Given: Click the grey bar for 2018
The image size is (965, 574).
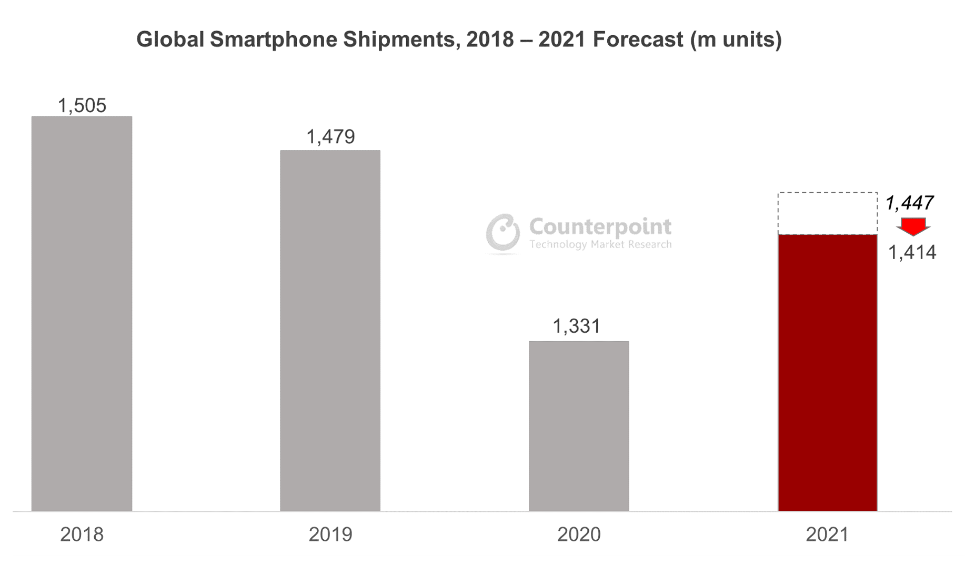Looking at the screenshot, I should tap(82, 313).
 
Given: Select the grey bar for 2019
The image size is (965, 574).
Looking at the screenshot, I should tap(330, 331).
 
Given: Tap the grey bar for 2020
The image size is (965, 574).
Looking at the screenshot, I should tap(579, 426).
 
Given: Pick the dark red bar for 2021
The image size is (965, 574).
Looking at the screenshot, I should tap(827, 372).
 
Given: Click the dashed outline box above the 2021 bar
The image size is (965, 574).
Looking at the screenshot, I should tap(827, 213).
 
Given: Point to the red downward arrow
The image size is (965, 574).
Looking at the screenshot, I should tap(913, 227).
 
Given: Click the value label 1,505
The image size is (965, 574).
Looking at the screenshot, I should tap(82, 105).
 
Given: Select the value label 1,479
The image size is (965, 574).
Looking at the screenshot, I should tap(330, 137).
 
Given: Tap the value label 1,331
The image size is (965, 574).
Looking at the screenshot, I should tap(576, 326).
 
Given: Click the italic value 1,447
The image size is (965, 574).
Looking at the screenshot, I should tap(910, 203).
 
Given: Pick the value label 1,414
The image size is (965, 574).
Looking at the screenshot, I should tap(912, 253).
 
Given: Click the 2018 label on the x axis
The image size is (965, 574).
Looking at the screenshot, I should tap(82, 535).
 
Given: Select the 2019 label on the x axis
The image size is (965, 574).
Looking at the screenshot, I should tap(330, 535).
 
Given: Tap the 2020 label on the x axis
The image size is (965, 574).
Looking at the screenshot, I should tap(579, 535).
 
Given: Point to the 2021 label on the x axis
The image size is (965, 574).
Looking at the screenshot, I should tap(827, 535).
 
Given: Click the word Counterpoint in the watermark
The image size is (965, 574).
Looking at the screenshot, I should tap(600, 227).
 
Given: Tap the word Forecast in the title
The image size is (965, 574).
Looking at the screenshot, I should tap(638, 39).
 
